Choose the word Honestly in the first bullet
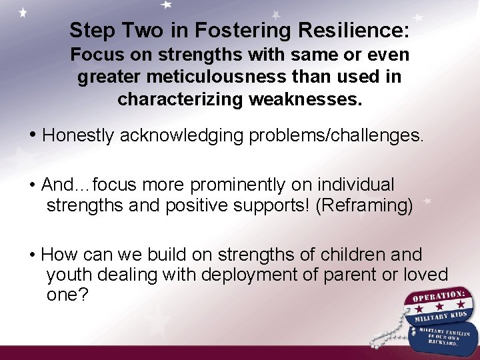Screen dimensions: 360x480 click(79, 135)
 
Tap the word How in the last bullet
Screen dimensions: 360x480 click(58, 255)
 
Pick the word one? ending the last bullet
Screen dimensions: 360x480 click(67, 295)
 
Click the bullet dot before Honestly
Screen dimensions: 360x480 click(33, 135)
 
